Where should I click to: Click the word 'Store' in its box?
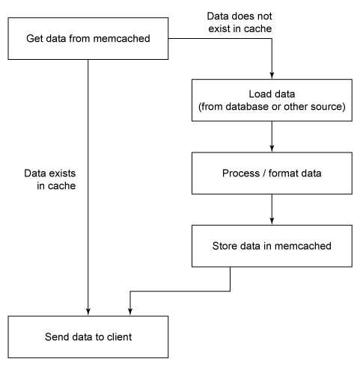pos(227,244)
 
